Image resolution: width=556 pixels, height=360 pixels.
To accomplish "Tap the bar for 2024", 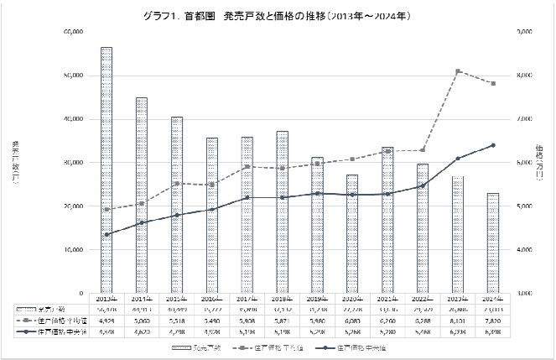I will click(493, 243).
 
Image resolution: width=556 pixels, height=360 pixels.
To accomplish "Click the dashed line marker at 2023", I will click(458, 71).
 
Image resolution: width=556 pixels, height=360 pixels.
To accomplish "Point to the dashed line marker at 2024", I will click(493, 84).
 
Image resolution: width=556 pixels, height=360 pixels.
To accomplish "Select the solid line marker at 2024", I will click(493, 145).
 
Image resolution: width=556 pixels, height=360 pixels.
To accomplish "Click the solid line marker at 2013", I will click(107, 234).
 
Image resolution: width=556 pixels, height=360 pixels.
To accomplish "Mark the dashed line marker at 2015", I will click(177, 183).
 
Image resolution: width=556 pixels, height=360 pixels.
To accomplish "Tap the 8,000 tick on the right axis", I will click(523, 76).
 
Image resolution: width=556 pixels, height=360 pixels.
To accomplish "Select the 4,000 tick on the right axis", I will click(523, 250).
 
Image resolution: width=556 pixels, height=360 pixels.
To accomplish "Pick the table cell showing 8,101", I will click(458, 320).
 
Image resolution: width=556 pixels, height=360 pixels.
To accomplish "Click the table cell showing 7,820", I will click(493, 320).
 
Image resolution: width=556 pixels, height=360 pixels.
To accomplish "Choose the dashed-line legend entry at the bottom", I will click(273, 347).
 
